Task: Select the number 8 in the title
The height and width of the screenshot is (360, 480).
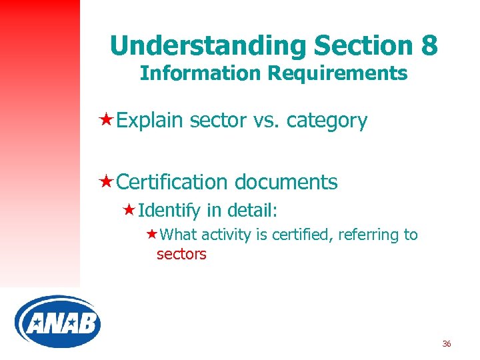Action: click(429, 45)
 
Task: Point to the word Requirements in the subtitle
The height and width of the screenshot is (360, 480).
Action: click(337, 73)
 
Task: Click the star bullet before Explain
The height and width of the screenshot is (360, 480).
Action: click(105, 120)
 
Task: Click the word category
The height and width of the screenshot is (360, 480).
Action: click(329, 121)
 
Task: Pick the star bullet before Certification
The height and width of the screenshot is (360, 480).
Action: click(105, 181)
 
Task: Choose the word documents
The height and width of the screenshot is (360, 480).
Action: click(285, 182)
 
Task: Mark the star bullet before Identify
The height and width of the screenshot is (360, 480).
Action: click(130, 211)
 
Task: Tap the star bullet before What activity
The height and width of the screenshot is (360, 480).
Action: click(152, 234)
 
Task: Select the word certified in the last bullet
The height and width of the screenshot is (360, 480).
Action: click(309, 235)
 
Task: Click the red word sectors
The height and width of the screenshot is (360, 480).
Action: click(181, 254)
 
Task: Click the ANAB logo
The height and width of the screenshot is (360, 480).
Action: click(57, 321)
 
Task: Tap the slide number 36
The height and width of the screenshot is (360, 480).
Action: click(447, 344)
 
